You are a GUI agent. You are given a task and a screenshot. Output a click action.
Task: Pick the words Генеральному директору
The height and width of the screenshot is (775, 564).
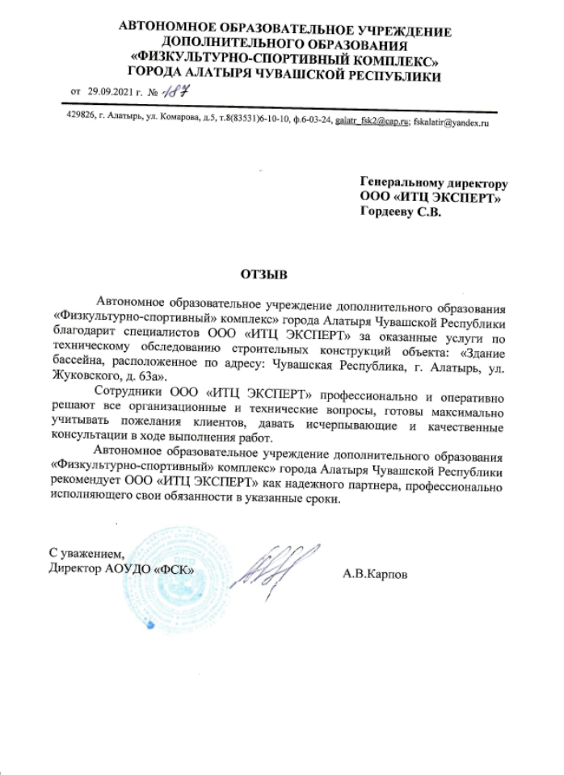click(x=434, y=184)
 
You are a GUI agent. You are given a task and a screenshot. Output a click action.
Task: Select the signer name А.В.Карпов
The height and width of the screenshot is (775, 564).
click(x=376, y=576)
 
